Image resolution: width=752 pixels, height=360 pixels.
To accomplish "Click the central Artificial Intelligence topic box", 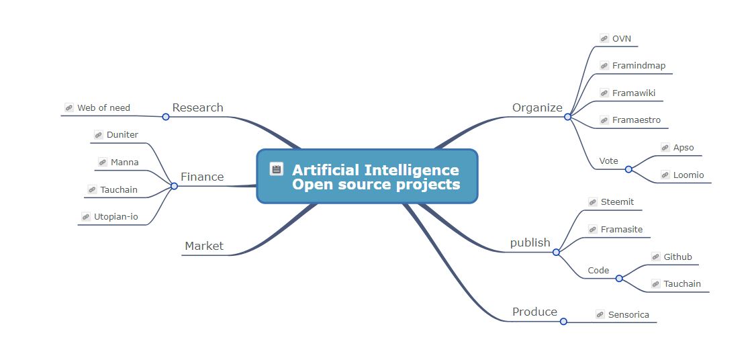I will [367, 176].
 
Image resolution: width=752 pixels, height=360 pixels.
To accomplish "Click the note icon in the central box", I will [276, 169].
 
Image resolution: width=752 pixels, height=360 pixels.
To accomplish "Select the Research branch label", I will [197, 107].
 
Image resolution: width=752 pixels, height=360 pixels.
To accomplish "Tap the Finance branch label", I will [202, 177].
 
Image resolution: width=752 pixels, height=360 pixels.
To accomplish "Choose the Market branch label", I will [204, 246].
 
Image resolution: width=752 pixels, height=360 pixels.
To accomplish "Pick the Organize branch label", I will [537, 107].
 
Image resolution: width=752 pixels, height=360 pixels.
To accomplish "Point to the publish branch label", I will [530, 242].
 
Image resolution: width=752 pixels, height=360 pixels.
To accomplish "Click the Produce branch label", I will [534, 312].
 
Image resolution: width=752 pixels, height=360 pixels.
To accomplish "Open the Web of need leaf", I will [103, 107].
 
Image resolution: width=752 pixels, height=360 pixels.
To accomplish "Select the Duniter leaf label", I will [122, 134].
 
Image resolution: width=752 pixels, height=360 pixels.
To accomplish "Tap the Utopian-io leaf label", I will [115, 216].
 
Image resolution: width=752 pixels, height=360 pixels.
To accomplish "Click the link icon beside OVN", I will [604, 39].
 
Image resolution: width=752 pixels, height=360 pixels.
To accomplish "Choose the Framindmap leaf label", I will [639, 66].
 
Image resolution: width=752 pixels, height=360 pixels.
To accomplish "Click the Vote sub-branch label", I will [608, 161].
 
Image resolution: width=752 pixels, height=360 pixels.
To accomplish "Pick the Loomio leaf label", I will [688, 175].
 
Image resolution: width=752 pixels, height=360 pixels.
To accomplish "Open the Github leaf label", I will [677, 257].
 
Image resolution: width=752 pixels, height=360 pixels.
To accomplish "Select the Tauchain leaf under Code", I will [682, 283].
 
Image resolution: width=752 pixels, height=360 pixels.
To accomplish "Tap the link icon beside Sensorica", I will [600, 314].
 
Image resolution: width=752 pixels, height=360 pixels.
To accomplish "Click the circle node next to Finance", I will [174, 186].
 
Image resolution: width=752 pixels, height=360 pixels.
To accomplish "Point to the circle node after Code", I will [619, 278].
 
